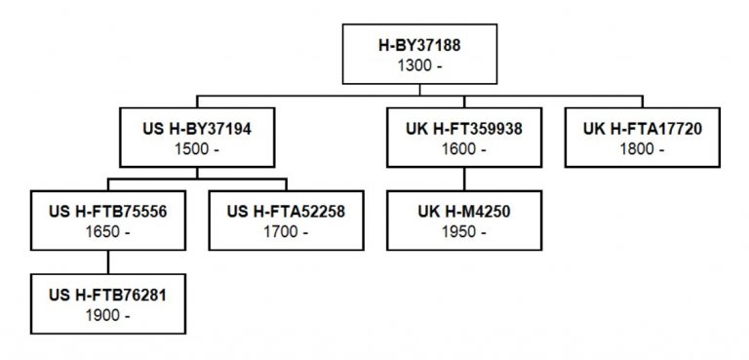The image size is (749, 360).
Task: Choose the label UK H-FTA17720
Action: [x=643, y=128]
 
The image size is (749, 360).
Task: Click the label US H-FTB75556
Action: [x=107, y=211]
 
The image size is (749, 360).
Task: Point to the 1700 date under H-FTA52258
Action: [x=285, y=232]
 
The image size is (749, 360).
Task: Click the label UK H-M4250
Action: [x=464, y=211]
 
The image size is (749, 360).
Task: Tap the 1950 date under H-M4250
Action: [x=464, y=232]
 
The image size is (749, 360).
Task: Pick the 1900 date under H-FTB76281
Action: [x=106, y=315]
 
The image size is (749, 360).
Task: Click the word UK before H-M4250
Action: [x=428, y=211]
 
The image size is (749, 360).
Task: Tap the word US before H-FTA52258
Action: [x=239, y=211]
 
